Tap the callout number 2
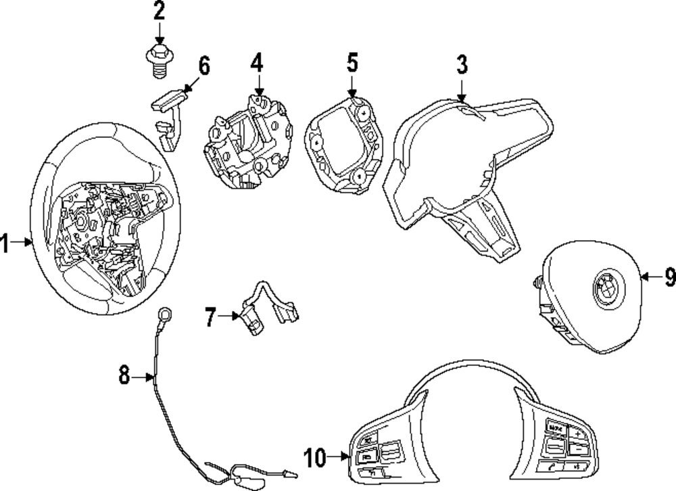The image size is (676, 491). pos(160,12)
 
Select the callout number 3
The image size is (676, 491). pos(461,65)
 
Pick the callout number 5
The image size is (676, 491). pos(352,63)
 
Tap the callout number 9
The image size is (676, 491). pos(669,276)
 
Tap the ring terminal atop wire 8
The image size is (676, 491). pos(164,313)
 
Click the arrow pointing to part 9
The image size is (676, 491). pos(649,276)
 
